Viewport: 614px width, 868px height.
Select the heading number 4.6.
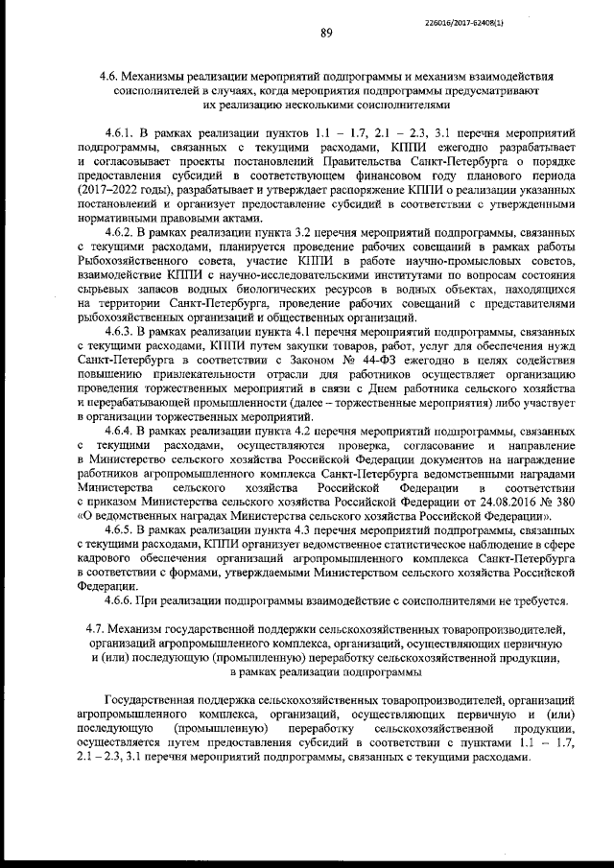point(110,75)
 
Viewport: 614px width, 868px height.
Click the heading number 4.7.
point(96,628)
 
